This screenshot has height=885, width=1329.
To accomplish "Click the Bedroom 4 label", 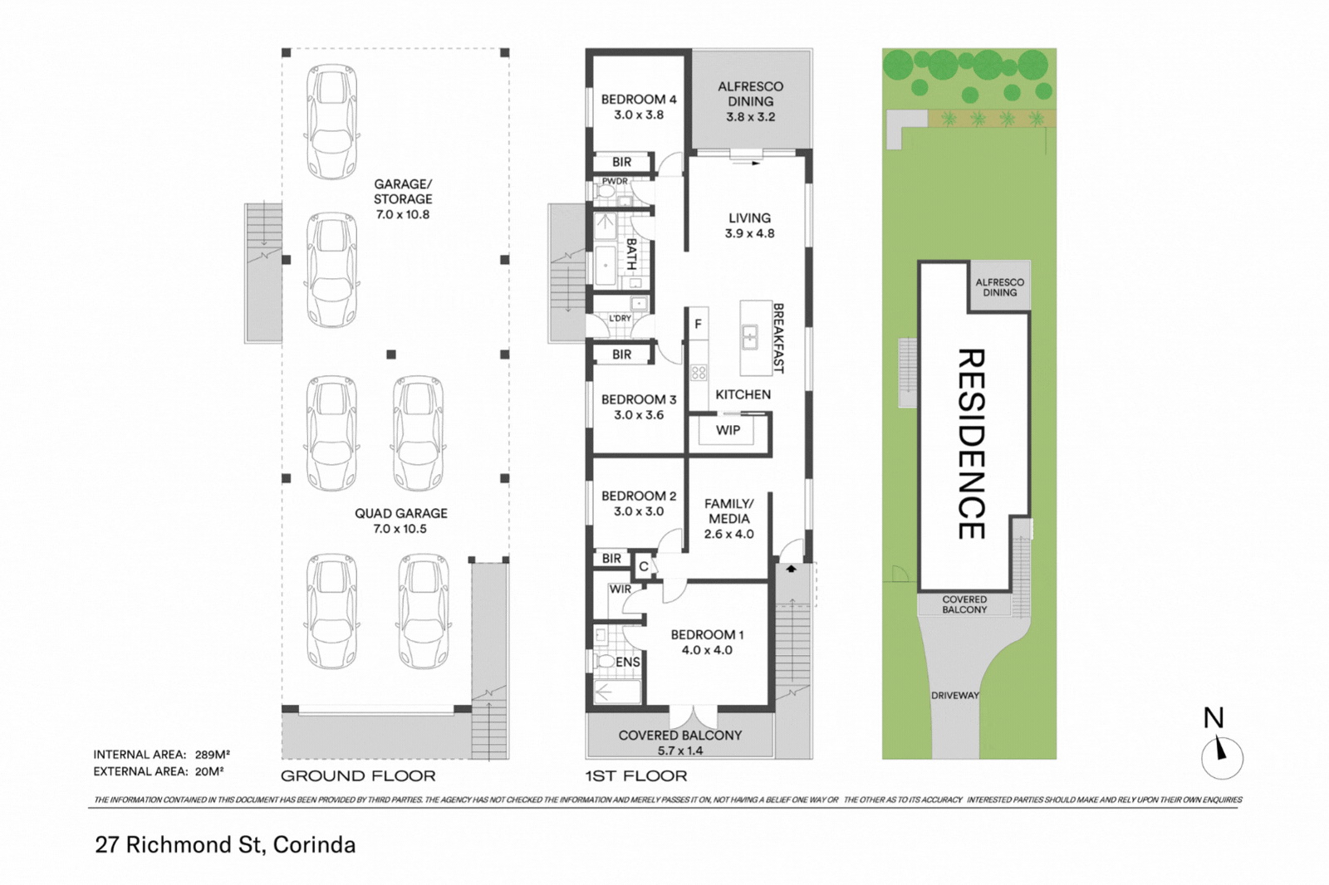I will click(638, 100).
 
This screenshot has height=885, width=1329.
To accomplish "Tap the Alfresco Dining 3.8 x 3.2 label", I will click(750, 101).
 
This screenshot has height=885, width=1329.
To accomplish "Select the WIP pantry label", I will click(728, 430).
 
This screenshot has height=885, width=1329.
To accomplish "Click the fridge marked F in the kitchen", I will click(698, 325).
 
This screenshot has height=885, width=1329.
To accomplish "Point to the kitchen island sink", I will click(750, 337).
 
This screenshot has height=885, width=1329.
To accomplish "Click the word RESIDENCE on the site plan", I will click(971, 443).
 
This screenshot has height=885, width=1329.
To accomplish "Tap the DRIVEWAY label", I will click(954, 696).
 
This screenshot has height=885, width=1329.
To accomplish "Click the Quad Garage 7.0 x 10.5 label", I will click(400, 521).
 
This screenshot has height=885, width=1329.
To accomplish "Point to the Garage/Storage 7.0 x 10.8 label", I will click(403, 199).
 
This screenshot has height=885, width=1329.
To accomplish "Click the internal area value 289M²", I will click(212, 755).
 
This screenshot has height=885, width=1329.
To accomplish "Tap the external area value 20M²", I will click(209, 771).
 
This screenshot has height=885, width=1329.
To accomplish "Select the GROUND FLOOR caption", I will click(358, 776).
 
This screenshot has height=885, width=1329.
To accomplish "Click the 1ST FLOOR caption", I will click(636, 776).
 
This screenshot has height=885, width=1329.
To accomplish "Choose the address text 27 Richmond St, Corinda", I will click(225, 845).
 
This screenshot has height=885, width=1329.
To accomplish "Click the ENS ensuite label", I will click(627, 662).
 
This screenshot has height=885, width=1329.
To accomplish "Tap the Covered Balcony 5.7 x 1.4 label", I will click(679, 742).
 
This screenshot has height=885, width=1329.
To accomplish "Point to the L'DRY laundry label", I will click(620, 318).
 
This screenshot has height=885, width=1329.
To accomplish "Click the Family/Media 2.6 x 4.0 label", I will click(728, 519).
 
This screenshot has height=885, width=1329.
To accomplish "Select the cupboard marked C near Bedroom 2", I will click(644, 567).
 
